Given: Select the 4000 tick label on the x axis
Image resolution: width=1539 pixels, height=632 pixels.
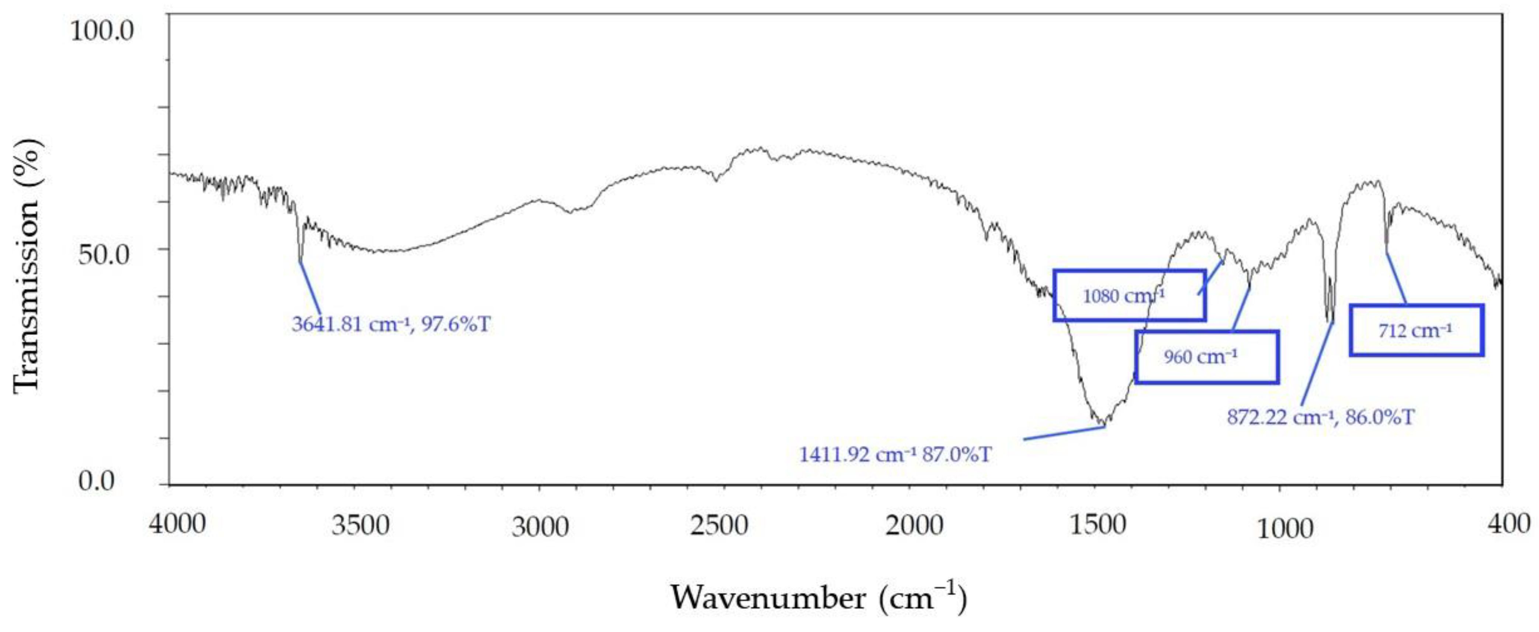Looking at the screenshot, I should pos(177,525).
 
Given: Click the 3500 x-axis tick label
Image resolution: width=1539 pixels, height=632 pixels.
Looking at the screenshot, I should pos(360,526).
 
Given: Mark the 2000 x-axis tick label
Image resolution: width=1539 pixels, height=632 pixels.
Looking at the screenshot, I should pos(914,526).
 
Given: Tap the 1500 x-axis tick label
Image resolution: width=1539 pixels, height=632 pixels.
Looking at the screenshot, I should pos(1098,525).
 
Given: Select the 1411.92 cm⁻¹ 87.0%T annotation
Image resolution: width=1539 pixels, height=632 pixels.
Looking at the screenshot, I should pos(895,455).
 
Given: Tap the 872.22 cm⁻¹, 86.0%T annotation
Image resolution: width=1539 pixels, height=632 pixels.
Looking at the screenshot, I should pos(1320,417).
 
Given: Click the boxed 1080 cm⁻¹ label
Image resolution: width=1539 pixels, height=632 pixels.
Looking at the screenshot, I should pos(1123,296).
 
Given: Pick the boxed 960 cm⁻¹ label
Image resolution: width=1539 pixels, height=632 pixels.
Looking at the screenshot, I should pos(1200,357).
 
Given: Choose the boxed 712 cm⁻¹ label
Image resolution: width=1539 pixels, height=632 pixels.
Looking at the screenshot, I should pos(1415,331).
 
